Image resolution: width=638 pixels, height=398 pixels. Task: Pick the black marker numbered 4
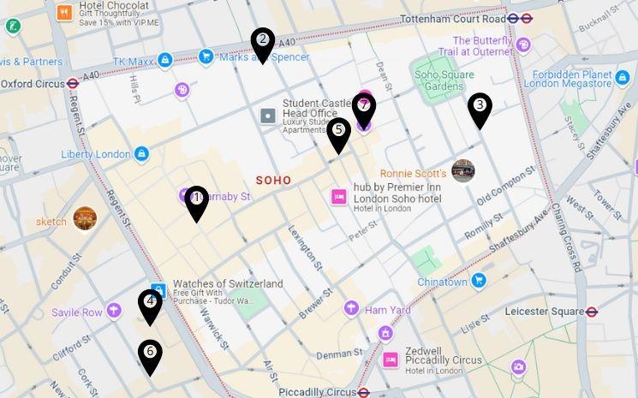(151, 304)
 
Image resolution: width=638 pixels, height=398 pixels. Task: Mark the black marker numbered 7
(364, 109)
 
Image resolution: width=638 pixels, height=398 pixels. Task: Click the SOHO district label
(273, 181)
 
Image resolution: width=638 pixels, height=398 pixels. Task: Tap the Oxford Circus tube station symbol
(74, 84)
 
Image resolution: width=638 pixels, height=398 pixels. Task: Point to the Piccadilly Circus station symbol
(364, 393)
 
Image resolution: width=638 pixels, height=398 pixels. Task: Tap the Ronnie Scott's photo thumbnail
(463, 170)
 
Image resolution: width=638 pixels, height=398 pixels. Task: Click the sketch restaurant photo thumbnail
(85, 219)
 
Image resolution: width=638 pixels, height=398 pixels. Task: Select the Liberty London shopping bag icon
(142, 154)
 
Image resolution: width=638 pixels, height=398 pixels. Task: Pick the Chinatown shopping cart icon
(480, 280)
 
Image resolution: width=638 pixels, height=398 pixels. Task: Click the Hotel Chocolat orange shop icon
(64, 13)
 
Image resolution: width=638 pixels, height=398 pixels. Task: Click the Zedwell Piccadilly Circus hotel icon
(391, 359)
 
